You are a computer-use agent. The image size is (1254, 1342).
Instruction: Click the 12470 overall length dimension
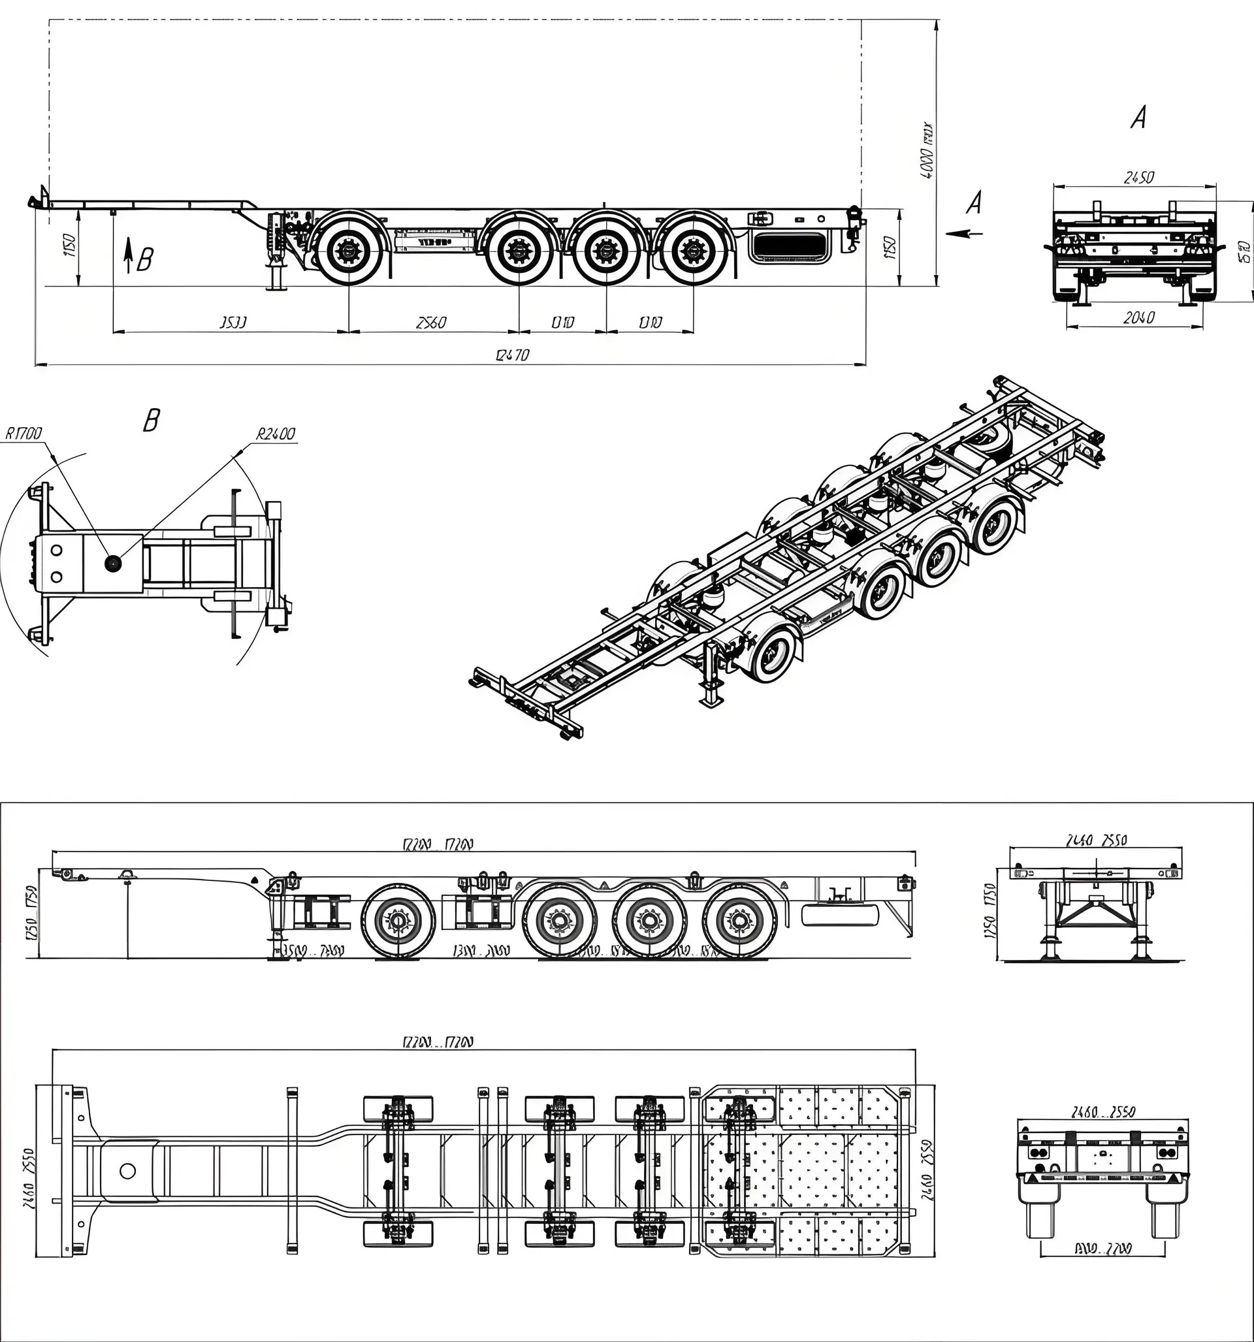tap(512, 355)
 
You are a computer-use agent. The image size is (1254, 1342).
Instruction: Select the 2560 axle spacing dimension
tap(431, 322)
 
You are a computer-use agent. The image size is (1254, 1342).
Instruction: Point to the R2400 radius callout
tap(276, 434)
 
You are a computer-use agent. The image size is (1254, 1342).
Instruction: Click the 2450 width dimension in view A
tap(1138, 177)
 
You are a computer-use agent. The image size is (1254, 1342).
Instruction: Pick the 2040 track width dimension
tap(1138, 317)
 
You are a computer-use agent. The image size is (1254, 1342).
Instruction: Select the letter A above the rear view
tap(1138, 119)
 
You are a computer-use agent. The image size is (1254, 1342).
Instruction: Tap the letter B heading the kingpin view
tap(152, 421)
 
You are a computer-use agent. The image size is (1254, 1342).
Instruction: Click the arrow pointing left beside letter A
tap(963, 234)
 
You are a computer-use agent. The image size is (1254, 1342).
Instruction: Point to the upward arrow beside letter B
tap(127, 258)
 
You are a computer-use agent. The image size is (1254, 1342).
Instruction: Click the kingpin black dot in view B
tap(112, 562)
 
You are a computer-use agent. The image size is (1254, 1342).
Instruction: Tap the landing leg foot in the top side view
tap(276, 286)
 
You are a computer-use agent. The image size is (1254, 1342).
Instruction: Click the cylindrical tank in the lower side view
tap(839, 915)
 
